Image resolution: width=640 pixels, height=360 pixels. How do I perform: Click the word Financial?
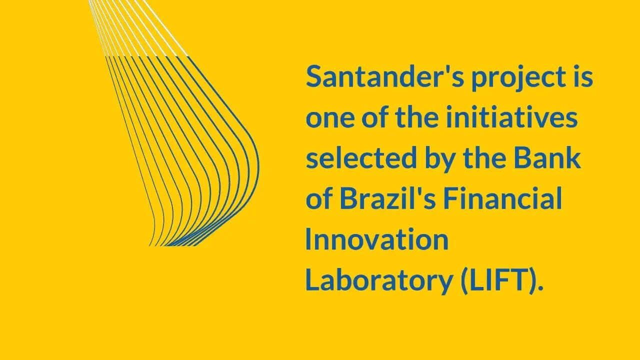pyautogui.click(x=502, y=199)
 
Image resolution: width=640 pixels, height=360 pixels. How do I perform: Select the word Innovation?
pyautogui.click(x=376, y=239)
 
